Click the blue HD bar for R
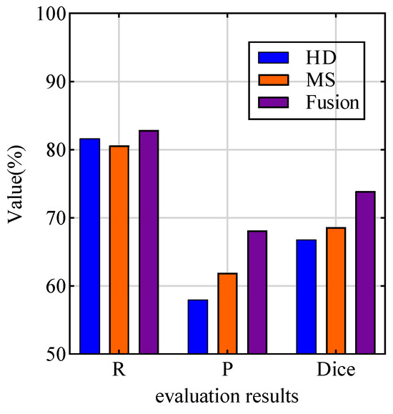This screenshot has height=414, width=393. pyautogui.click(x=90, y=246)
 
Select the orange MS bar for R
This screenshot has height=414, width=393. pyautogui.click(x=119, y=250)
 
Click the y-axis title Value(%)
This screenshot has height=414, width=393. pyautogui.click(x=17, y=184)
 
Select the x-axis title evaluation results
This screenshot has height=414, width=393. pyautogui.click(x=228, y=395)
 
